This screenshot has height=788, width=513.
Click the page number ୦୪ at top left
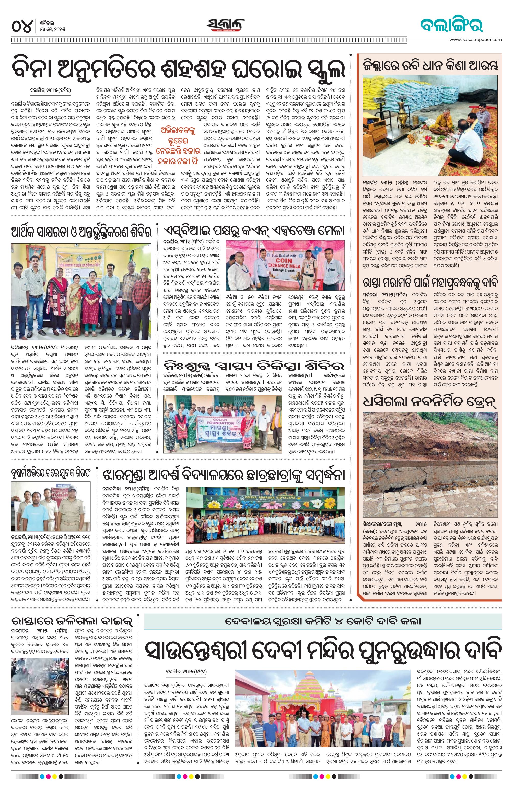coord(22,26)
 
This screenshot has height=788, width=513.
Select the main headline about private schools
coord(179,68)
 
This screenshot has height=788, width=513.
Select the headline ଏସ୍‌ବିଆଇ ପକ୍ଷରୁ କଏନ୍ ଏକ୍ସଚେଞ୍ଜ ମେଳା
coord(254,230)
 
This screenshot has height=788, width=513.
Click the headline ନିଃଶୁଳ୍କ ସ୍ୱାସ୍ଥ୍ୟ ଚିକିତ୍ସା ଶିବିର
coord(254,366)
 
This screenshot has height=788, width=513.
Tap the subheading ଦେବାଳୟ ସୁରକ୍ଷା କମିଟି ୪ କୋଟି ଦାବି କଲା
coord(322,619)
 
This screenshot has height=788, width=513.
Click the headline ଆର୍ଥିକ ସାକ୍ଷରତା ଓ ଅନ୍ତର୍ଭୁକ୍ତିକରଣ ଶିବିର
coord(81,232)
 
